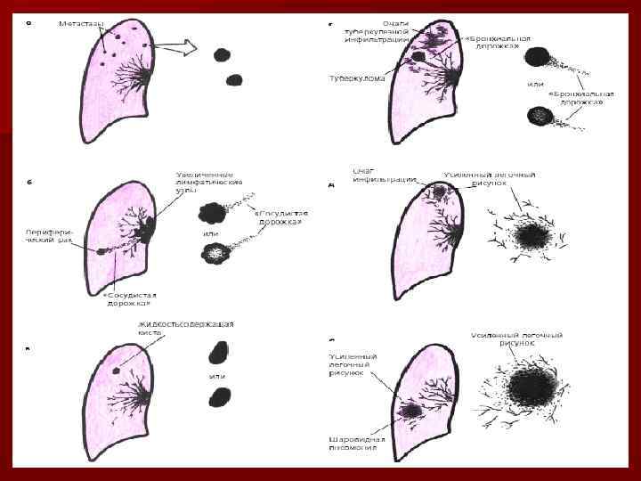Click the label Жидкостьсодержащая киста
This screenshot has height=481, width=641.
(185, 327)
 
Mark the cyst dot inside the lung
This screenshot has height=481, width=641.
(117, 370)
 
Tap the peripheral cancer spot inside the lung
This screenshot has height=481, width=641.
(101, 251)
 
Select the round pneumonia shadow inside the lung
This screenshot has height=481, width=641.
(412, 412)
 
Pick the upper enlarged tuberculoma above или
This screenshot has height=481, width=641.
(537, 58)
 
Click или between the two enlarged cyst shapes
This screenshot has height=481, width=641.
(217, 376)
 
